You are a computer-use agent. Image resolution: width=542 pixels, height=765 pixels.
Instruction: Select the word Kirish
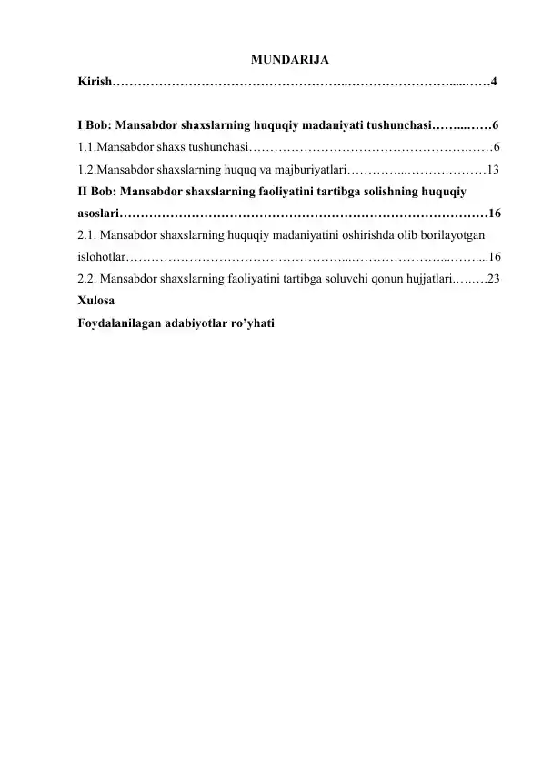[94, 83]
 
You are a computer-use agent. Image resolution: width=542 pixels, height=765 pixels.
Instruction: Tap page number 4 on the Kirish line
[492, 83]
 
